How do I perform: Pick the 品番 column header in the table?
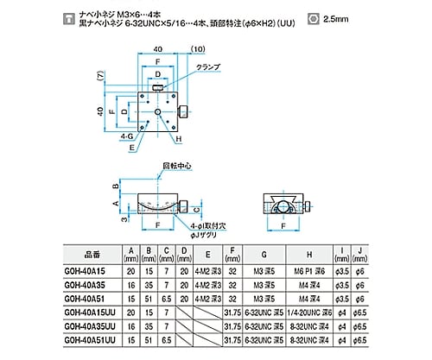pyautogui.click(x=90, y=256)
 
